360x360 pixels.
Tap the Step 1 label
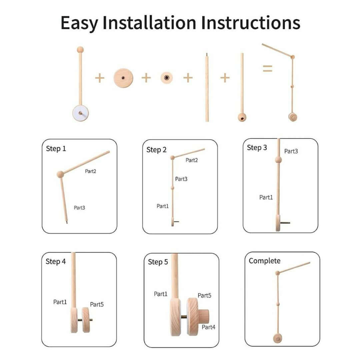click(x=56, y=149)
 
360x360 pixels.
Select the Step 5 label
click(x=158, y=262)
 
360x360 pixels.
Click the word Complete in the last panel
click(x=264, y=261)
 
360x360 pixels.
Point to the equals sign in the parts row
click(x=267, y=69)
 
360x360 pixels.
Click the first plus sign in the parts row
click(x=99, y=78)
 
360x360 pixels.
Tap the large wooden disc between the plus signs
click(x=123, y=78)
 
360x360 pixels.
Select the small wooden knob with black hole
click(x=166, y=78)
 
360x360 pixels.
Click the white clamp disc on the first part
click(x=80, y=113)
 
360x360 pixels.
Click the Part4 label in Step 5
click(x=208, y=327)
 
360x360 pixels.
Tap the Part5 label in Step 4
click(x=97, y=304)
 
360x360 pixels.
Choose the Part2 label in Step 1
click(x=90, y=171)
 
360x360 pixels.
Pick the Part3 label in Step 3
click(x=291, y=151)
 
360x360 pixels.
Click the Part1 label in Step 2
click(x=162, y=206)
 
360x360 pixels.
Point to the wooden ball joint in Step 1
click(x=60, y=174)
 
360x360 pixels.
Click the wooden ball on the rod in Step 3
click(x=278, y=160)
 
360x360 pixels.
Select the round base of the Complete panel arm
click(x=277, y=338)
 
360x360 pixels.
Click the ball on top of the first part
click(x=80, y=50)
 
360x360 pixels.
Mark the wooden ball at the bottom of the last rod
click(x=242, y=117)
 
